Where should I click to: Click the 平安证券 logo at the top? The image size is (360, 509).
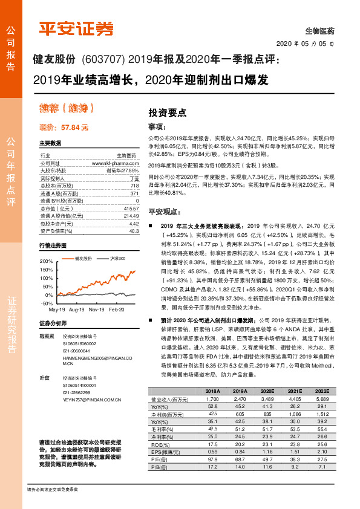(x=76, y=28)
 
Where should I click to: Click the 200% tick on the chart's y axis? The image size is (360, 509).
(x=47, y=261)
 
